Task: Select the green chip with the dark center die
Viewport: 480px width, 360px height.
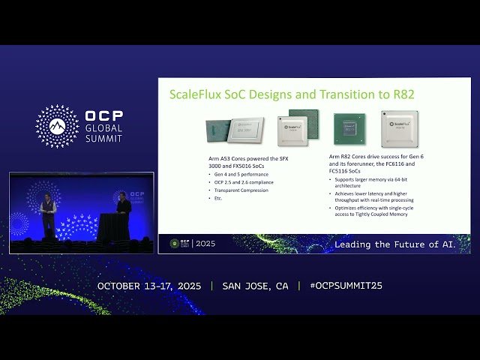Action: click(349, 128)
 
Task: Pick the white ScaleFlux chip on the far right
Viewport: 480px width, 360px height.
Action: click(399, 128)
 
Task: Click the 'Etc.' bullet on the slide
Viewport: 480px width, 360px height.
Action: click(218, 198)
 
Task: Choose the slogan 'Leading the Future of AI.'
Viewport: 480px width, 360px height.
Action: click(394, 244)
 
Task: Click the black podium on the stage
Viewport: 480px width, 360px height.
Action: click(109, 226)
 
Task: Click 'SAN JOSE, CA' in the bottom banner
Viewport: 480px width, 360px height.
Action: click(255, 286)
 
